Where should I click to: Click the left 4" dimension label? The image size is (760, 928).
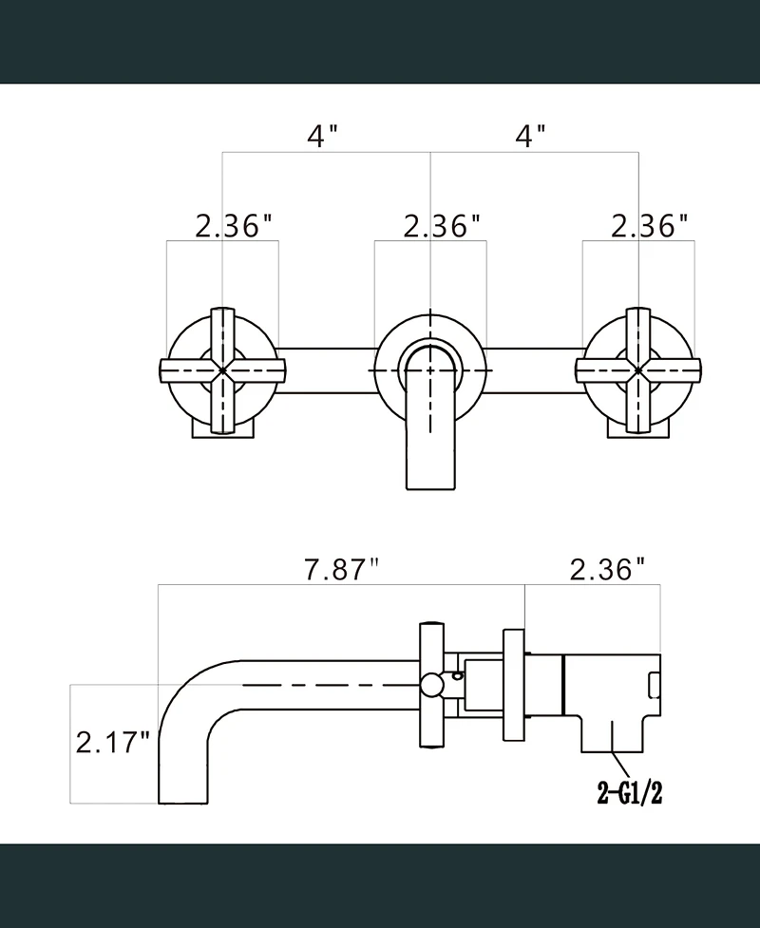(x=322, y=136)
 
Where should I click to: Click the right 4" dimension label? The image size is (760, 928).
(x=530, y=136)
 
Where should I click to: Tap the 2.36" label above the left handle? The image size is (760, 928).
(x=234, y=226)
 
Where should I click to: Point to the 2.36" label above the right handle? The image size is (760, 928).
(x=649, y=226)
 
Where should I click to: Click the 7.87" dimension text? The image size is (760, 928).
(x=341, y=570)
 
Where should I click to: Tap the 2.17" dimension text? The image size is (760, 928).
(x=113, y=740)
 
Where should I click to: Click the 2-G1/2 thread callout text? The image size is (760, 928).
(x=629, y=793)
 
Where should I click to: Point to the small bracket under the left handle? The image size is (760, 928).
(x=222, y=429)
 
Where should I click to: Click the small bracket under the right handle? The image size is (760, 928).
(x=639, y=429)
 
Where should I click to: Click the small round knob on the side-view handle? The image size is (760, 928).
(x=432, y=684)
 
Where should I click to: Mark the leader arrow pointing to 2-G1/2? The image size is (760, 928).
(x=623, y=765)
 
